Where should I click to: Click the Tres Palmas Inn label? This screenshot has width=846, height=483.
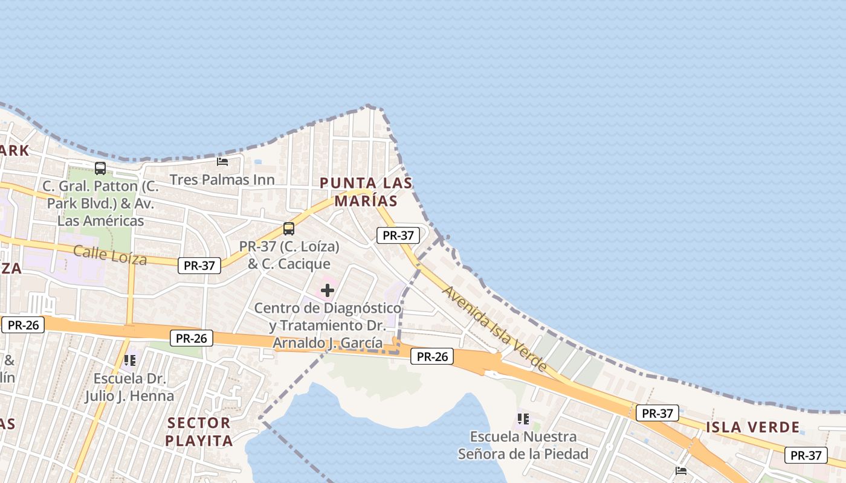(222, 180)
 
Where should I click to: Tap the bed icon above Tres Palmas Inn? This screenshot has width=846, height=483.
(222, 162)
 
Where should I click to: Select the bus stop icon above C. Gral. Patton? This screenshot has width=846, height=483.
(100, 168)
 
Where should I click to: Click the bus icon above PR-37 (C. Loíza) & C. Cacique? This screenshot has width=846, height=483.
(289, 229)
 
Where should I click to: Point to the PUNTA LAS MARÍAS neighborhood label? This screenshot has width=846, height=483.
(366, 191)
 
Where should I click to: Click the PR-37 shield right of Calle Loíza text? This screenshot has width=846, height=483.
(199, 265)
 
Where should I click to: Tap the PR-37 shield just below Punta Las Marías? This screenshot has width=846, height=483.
(398, 235)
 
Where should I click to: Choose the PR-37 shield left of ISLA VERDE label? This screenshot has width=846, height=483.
(657, 414)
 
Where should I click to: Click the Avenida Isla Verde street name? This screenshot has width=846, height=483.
(495, 328)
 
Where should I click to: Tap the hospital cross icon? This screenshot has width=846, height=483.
(328, 291)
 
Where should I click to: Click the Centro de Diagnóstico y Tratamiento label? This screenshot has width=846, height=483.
(328, 325)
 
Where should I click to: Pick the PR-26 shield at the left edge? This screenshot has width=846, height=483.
(23, 325)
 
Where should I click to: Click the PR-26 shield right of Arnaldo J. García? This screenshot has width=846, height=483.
(432, 357)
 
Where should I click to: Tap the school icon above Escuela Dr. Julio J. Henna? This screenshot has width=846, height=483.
(129, 360)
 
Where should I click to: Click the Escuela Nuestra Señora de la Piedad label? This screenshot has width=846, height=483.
(523, 445)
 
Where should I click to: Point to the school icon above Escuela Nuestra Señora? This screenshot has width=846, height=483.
(523, 418)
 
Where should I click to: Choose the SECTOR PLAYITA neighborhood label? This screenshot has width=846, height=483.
(199, 432)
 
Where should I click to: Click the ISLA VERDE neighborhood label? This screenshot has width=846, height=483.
(753, 427)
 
